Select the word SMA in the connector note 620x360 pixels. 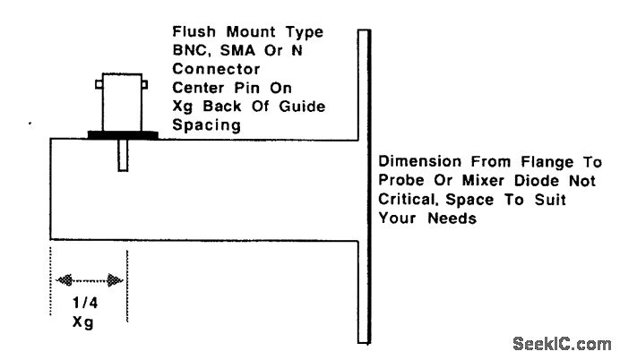[236, 50]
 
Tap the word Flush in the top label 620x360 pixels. [192, 32]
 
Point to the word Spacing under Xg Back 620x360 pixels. [206, 125]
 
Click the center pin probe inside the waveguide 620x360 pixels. [121, 156]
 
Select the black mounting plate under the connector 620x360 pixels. [123, 134]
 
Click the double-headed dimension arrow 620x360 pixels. [89, 279]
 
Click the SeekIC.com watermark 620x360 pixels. [563, 343]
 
